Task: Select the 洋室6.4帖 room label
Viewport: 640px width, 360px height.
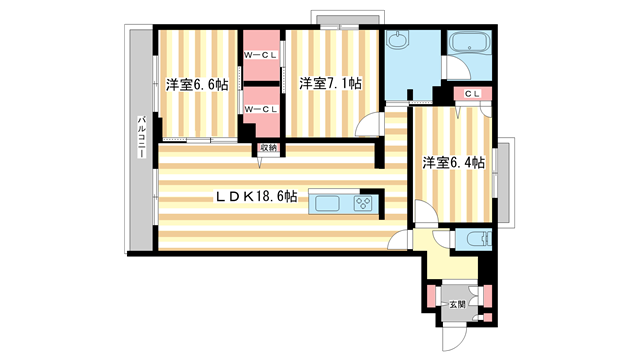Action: pos(453,161)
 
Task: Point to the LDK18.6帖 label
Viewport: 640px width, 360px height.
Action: pos(256,197)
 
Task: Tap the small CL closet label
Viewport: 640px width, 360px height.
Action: pos(473,94)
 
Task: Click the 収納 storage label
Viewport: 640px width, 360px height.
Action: pos(267,148)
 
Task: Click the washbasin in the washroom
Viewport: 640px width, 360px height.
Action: pos(398,42)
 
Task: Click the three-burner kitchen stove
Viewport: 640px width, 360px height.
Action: pos(362,204)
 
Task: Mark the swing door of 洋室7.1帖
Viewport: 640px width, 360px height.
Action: pos(370,126)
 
